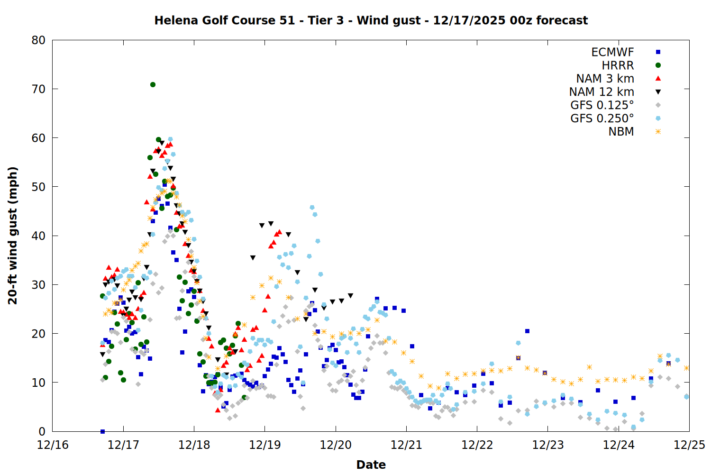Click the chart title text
click(x=371, y=20)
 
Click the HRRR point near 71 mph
click(x=153, y=84)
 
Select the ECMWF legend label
click(x=612, y=52)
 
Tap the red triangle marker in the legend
click(x=658, y=78)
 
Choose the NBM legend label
click(x=621, y=132)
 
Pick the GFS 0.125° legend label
click(x=602, y=105)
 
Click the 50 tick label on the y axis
click(x=38, y=187)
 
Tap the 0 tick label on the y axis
click(x=42, y=431)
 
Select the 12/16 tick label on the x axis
click(x=53, y=445)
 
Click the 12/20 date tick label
click(x=336, y=445)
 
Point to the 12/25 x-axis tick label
click(x=689, y=445)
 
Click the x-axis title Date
click(x=371, y=465)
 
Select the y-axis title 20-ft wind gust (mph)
click(x=13, y=236)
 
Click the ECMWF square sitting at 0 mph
click(x=102, y=431)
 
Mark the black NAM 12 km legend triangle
click(x=658, y=92)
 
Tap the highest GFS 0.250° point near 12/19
click(x=312, y=207)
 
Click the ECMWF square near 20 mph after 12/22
click(x=527, y=331)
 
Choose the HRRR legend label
click(x=618, y=65)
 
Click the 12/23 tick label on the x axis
click(x=548, y=445)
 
